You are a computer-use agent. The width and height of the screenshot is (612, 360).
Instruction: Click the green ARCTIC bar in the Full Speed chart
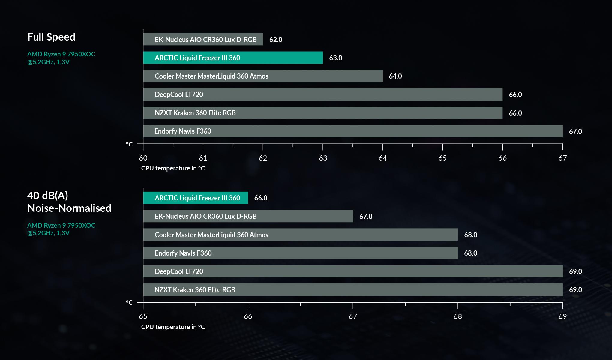(233, 58)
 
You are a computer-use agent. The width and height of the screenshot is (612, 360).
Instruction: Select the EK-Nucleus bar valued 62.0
(203, 39)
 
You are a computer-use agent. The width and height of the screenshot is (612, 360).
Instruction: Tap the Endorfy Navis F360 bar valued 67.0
(352, 131)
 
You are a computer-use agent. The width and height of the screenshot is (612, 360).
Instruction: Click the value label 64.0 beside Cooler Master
(395, 76)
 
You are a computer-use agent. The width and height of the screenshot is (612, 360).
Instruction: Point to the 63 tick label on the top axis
(323, 158)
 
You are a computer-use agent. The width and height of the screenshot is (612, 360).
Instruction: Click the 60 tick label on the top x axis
(143, 158)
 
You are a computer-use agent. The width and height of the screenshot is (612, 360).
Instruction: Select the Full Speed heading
(51, 37)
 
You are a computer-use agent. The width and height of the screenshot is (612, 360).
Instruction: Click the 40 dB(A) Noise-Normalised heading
(69, 202)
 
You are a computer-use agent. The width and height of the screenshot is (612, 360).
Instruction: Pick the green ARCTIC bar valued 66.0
(195, 198)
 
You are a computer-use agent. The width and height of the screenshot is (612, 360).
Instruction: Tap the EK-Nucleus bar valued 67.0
(248, 216)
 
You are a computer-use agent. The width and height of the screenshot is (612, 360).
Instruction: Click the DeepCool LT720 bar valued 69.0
(352, 271)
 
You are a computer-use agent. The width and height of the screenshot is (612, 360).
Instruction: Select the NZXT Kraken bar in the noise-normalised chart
(352, 290)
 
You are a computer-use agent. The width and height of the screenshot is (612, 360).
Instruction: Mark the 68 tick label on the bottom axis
(457, 316)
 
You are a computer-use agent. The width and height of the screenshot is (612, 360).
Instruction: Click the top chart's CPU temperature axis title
(173, 168)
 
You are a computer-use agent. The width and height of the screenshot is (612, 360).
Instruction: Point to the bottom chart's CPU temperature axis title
(173, 327)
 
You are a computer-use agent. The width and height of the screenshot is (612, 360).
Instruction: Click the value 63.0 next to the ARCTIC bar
(335, 58)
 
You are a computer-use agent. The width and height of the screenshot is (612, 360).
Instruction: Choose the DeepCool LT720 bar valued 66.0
(322, 94)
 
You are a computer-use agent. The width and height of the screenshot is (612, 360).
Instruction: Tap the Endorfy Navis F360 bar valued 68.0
(300, 253)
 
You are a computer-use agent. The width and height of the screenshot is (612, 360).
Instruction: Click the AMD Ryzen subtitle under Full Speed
(61, 58)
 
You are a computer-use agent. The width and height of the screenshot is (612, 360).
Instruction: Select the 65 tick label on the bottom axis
(143, 316)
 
